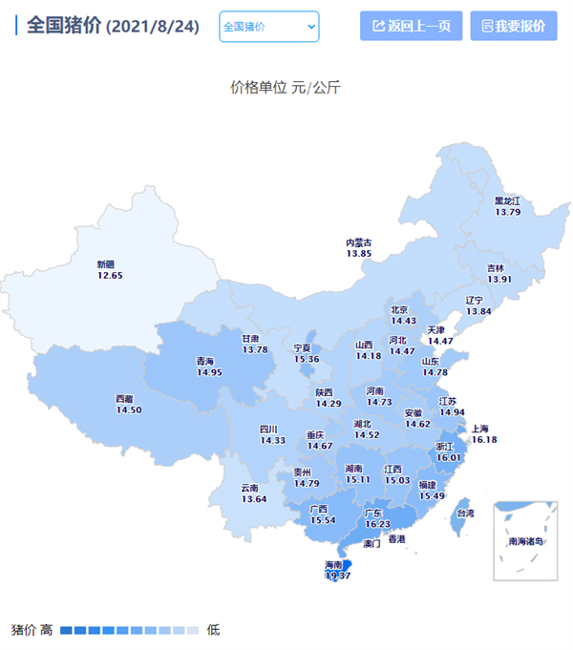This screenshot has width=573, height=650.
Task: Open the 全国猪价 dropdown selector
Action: point(269,27)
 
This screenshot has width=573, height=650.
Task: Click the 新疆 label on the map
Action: point(110,264)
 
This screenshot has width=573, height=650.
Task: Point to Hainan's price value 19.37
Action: point(339,576)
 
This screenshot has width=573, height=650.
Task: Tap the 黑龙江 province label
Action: point(507,201)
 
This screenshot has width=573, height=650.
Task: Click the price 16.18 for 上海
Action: point(484,440)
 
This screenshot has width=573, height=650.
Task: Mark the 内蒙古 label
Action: point(359,242)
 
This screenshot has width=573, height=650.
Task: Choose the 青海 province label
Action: point(205,362)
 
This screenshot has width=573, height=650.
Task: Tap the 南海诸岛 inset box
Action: point(525,540)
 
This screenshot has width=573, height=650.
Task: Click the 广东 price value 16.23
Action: point(377,524)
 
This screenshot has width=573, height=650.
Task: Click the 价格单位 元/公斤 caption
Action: point(286,88)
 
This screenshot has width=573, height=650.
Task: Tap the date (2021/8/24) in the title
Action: point(152,27)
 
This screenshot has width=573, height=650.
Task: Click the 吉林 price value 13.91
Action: point(499,279)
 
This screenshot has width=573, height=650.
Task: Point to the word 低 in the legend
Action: point(213,630)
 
